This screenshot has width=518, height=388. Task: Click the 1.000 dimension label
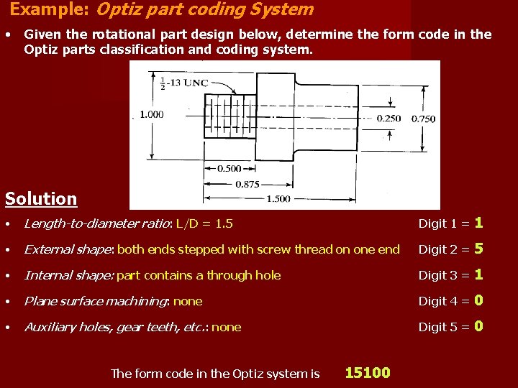point(151,114)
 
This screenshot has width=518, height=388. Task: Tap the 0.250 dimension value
point(388,119)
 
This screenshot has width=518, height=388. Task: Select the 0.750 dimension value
point(423,119)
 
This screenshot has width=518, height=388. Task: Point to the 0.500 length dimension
point(229,168)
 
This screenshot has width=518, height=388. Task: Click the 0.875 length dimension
point(247,184)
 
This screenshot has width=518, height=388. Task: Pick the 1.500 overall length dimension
point(278,199)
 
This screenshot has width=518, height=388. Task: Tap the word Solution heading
point(41,199)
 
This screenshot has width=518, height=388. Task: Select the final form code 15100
point(368,372)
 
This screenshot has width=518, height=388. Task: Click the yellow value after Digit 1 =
point(478,223)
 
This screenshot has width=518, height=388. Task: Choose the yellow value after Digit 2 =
point(478,249)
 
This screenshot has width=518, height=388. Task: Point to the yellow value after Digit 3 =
point(478,274)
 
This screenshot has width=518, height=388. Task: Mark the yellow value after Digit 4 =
point(478,300)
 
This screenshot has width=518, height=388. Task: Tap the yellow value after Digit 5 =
point(478,326)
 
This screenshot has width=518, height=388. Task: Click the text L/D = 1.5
point(204,223)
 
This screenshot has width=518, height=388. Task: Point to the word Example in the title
point(41,9)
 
